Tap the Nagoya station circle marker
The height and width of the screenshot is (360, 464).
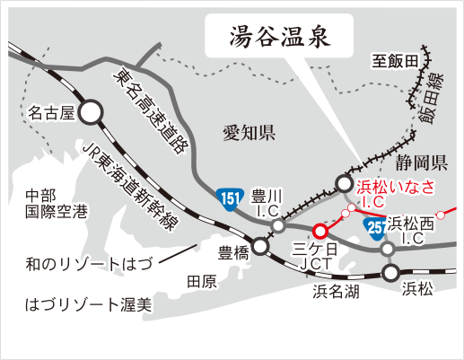pyautogui.click(x=91, y=112)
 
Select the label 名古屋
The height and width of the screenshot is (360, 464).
pyautogui.click(x=50, y=113)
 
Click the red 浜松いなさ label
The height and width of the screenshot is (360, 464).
pyautogui.click(x=396, y=187)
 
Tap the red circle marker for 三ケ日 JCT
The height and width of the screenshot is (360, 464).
pyautogui.click(x=320, y=230)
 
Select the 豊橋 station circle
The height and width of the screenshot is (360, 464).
pyautogui.click(x=260, y=245)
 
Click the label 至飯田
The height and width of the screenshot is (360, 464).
pyautogui.click(x=396, y=62)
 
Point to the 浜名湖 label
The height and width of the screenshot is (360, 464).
pyautogui.click(x=337, y=291)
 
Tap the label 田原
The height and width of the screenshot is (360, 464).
pyautogui.click(x=202, y=281)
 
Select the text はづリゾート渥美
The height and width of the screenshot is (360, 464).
pyautogui.click(x=87, y=305)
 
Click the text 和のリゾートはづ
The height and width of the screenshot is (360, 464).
pyautogui.click(x=89, y=265)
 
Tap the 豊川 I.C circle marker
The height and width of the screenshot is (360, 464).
pyautogui.click(x=278, y=225)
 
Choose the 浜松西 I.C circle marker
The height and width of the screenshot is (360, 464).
pyautogui.click(x=388, y=249)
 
